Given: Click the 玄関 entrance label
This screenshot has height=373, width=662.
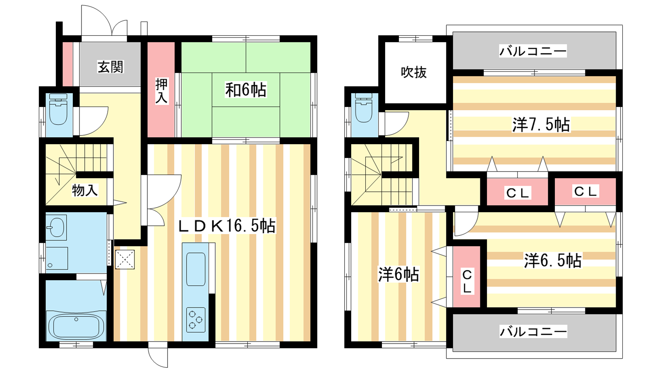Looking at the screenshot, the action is click(110, 67).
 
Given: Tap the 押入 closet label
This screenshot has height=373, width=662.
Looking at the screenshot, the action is click(161, 91).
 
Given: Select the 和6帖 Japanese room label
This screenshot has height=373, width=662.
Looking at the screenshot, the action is click(246, 90).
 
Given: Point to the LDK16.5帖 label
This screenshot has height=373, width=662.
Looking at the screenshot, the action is click(227, 226).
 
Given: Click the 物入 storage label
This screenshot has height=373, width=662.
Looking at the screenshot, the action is click(85, 190).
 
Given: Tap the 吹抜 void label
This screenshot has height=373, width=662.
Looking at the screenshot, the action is click(414, 72).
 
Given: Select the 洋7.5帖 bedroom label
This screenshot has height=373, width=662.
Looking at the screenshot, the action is click(541, 124).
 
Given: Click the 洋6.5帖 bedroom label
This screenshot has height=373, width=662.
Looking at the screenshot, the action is click(553, 261).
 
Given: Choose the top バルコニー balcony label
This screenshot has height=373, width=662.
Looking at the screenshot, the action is click(533, 51).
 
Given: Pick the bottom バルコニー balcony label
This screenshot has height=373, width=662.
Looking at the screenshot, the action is click(533, 331).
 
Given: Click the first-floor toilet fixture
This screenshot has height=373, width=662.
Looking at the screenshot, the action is click(58, 109).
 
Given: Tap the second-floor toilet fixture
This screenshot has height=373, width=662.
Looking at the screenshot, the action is click(364, 108).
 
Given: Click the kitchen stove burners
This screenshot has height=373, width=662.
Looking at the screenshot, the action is click(196, 320).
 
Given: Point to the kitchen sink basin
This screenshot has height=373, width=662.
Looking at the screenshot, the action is click(196, 269).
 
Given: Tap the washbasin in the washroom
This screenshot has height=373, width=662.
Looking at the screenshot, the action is click(57, 228).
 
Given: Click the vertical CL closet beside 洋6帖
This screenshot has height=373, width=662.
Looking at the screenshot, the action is click(467, 276).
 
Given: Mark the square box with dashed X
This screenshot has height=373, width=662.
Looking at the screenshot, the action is click(125, 259).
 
